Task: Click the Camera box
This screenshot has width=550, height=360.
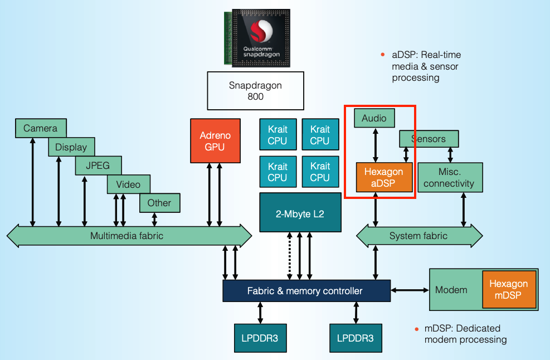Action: [40, 128]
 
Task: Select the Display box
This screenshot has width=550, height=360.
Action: [71, 147]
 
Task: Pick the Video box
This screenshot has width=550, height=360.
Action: [128, 184]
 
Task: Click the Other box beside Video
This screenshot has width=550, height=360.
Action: [159, 203]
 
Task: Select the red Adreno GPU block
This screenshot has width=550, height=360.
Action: [215, 140]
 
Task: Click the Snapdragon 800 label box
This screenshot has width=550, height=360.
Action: [255, 90]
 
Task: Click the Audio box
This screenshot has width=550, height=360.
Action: [374, 118]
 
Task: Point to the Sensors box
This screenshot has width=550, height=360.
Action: [429, 138]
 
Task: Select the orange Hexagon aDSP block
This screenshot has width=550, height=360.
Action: [383, 178]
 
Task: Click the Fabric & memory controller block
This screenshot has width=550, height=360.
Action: [305, 291]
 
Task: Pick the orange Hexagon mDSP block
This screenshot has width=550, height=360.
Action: [508, 290]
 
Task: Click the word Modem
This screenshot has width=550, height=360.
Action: [451, 290]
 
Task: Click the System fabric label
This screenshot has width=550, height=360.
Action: [418, 236]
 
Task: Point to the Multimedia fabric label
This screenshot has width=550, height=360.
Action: [126, 236]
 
